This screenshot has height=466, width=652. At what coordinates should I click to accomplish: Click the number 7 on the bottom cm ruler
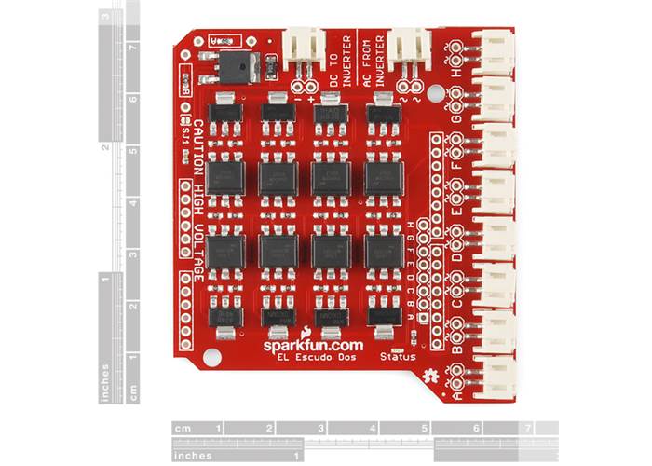pos(529,429)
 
